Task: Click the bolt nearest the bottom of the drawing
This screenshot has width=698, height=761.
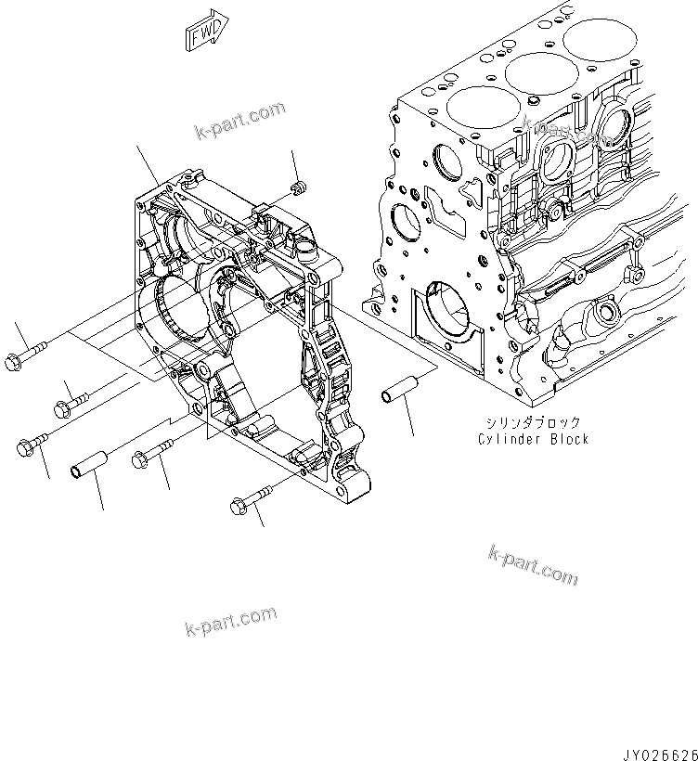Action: (249, 499)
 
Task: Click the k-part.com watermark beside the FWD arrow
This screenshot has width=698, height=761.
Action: (239, 120)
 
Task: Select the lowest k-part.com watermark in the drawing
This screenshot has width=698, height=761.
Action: (230, 618)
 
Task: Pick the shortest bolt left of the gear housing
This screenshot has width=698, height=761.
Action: (70, 401)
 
